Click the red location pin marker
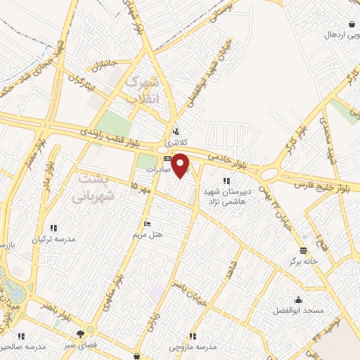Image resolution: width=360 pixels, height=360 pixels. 181,165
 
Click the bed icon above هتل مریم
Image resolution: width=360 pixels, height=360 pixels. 146,224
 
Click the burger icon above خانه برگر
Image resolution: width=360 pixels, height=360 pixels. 302,250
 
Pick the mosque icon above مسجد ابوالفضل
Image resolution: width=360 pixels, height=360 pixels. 299,299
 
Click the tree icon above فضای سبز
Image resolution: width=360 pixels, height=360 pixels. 89,331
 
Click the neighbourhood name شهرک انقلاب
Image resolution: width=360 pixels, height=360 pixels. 142,90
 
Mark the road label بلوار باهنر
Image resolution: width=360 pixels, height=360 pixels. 56,311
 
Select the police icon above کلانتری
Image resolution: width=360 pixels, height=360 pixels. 176,131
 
